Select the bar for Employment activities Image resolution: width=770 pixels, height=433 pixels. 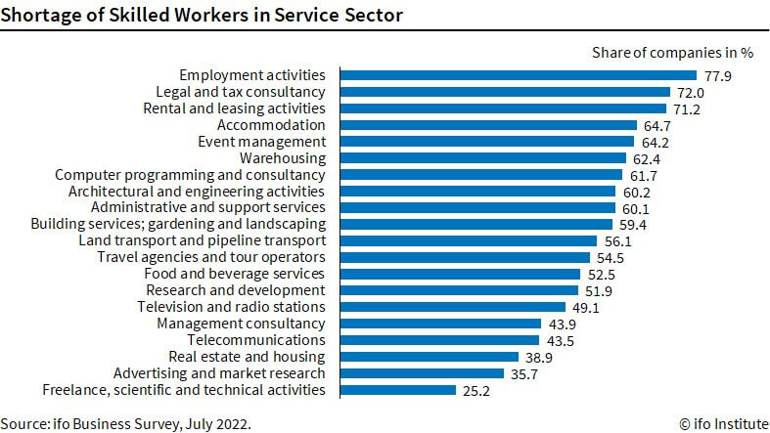(x=518, y=75)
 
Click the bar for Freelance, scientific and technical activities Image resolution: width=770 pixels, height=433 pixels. (x=397, y=390)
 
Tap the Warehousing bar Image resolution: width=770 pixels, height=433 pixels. (x=482, y=157)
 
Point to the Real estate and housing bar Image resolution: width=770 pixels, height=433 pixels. (x=429, y=357)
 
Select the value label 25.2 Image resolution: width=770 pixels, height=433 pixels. (x=476, y=390)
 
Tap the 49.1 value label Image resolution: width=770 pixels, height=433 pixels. (x=586, y=307)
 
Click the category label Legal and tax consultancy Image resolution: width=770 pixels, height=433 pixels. (x=241, y=92)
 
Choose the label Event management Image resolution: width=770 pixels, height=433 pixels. (x=261, y=141)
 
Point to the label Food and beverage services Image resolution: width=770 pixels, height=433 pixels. (x=234, y=274)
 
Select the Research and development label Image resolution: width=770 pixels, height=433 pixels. (x=235, y=290)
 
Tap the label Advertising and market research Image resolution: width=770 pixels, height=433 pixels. (x=219, y=373)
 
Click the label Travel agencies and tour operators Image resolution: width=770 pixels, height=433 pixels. (x=211, y=257)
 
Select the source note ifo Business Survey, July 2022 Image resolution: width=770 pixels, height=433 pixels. (x=126, y=423)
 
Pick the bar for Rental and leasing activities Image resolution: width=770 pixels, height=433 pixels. (x=502, y=108)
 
